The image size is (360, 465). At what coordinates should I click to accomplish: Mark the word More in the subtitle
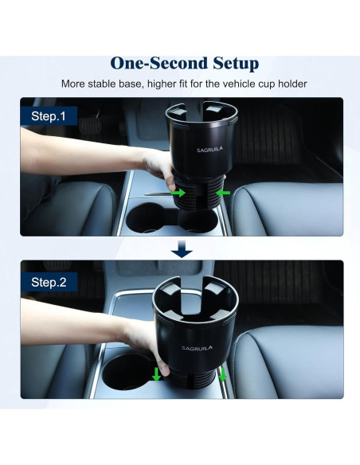75,84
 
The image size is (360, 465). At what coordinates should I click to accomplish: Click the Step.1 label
49,115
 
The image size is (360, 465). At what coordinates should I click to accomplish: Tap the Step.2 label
50,282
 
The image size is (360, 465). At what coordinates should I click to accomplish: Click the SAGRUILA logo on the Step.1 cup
195,147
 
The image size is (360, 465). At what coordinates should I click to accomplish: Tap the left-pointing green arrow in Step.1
225,192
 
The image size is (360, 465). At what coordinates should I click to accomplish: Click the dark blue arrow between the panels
182,250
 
